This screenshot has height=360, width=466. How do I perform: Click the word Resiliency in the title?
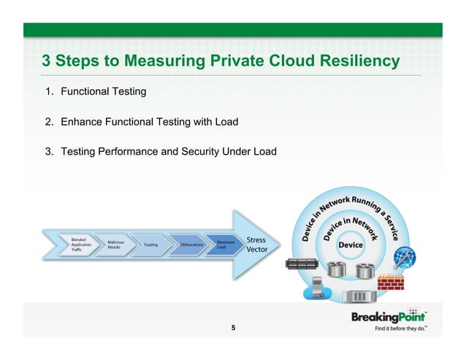[356, 61]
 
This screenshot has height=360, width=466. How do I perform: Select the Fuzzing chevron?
[152, 244]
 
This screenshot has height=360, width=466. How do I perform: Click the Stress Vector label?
[256, 245]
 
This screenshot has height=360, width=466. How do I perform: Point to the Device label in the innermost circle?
[350, 245]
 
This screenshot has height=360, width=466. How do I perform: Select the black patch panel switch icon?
[300, 266]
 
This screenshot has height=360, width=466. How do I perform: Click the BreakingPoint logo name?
[389, 317]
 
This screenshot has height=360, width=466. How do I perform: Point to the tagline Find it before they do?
[401, 329]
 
